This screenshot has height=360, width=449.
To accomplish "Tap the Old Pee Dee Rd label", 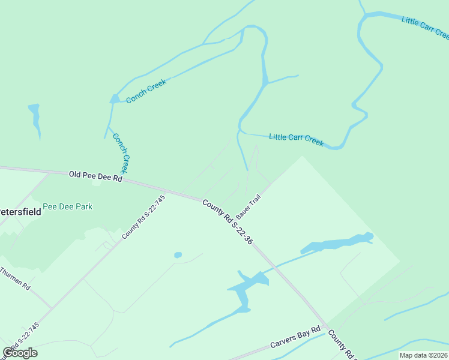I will [95, 175].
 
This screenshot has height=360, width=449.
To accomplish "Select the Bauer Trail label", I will [248, 206].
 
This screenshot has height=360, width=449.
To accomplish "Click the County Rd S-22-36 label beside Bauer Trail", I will [228, 223].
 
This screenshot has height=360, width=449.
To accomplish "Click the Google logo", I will [20, 353].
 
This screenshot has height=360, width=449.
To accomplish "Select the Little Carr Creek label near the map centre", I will [296, 139].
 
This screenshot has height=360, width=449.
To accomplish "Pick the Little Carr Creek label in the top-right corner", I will [425, 28].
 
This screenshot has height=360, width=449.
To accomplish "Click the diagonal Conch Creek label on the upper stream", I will [146, 91].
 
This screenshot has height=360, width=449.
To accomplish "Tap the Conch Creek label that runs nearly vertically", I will [121, 153].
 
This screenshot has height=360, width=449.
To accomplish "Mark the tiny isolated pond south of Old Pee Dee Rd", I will [178, 255].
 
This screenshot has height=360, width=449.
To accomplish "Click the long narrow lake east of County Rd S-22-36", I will [336, 243].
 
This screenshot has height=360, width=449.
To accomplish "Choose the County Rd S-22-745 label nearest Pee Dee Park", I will [143, 217].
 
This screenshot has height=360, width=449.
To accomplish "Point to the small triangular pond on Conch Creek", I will [114, 99].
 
